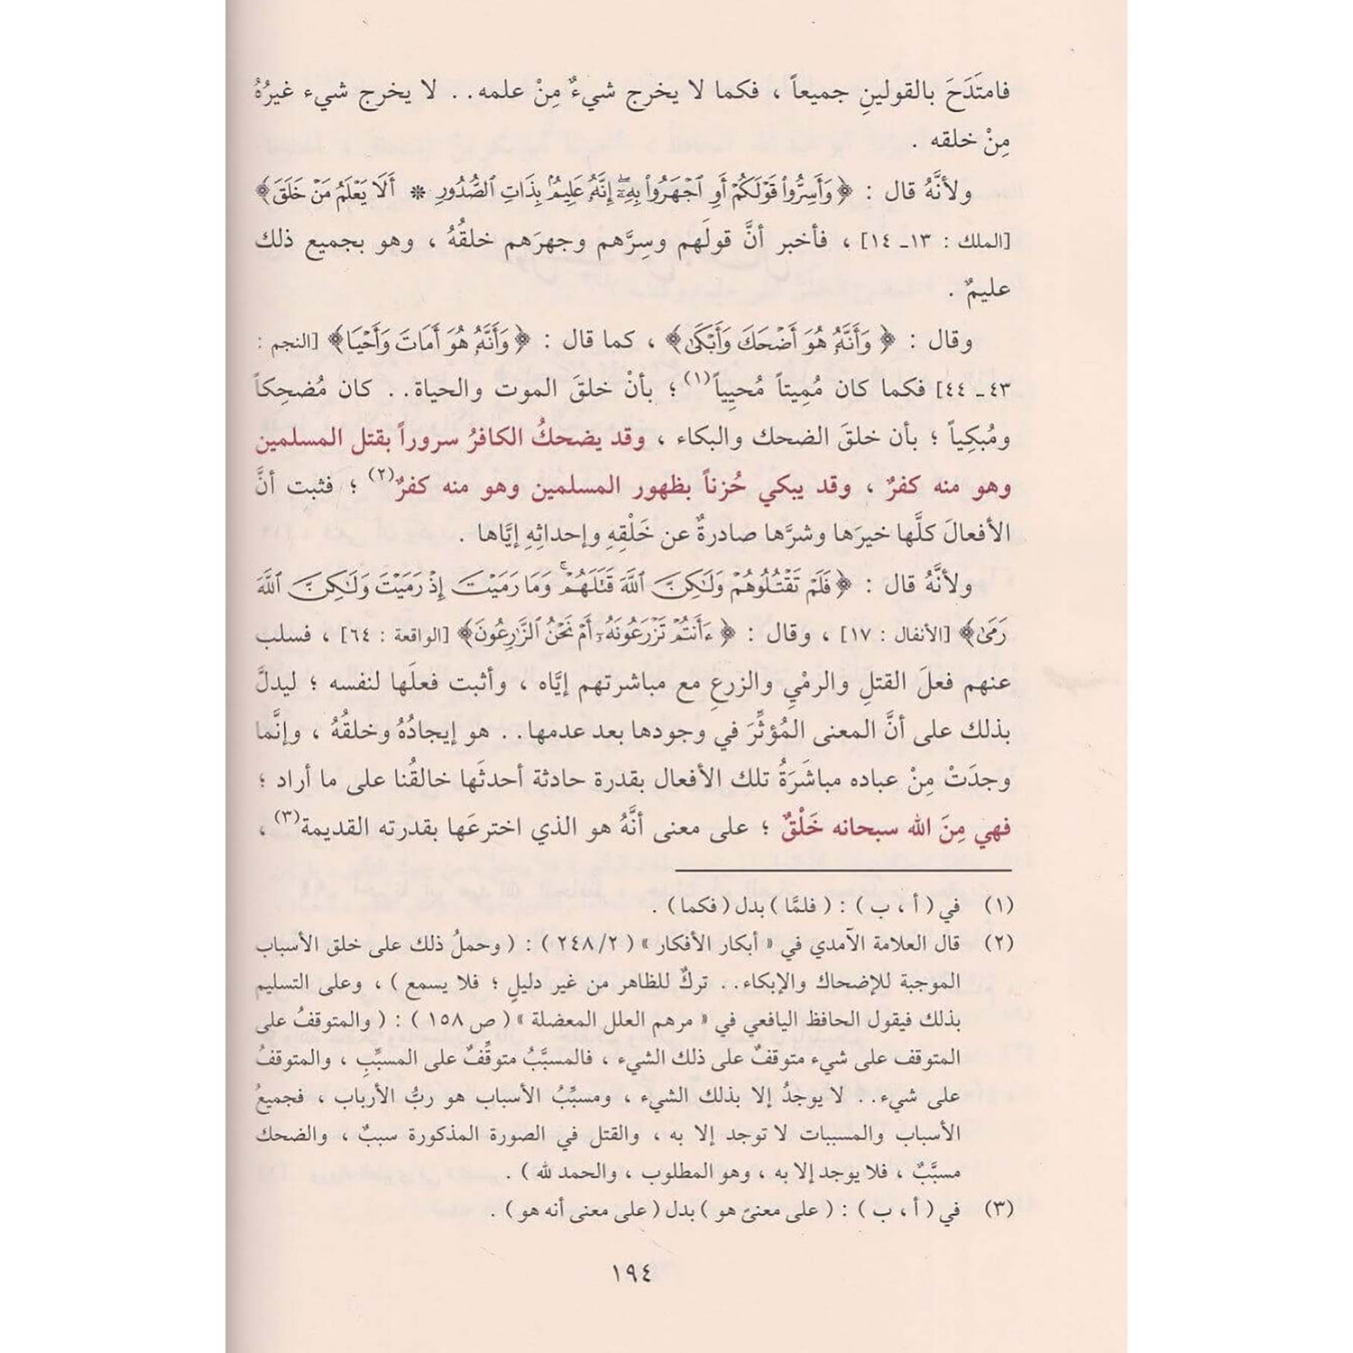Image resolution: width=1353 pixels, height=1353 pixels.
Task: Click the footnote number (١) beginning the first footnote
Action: coord(999,905)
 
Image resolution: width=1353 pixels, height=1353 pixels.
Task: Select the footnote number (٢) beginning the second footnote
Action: coord(999,943)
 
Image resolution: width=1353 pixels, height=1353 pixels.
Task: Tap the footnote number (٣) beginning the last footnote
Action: coord(999,1208)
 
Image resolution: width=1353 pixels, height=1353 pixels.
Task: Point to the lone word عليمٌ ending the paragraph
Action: coord(988,290)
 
